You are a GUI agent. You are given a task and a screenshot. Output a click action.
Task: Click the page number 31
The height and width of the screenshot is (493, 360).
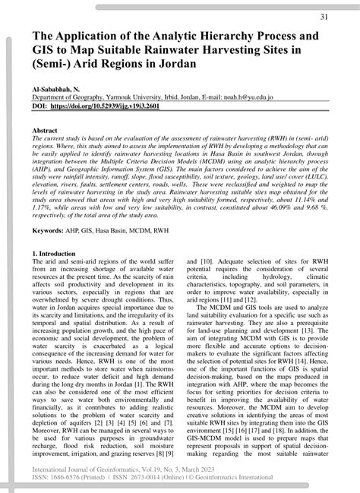pos(324,17)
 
